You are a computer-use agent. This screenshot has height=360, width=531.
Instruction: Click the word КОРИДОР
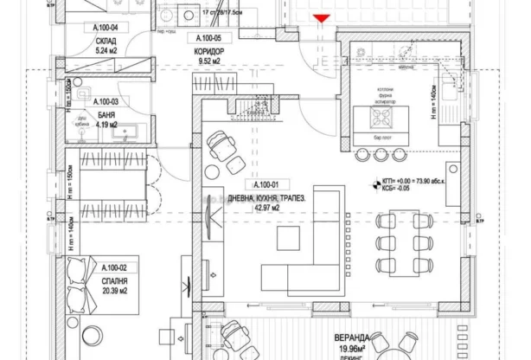point(210,51)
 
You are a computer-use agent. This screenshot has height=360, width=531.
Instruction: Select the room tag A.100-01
point(265,185)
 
